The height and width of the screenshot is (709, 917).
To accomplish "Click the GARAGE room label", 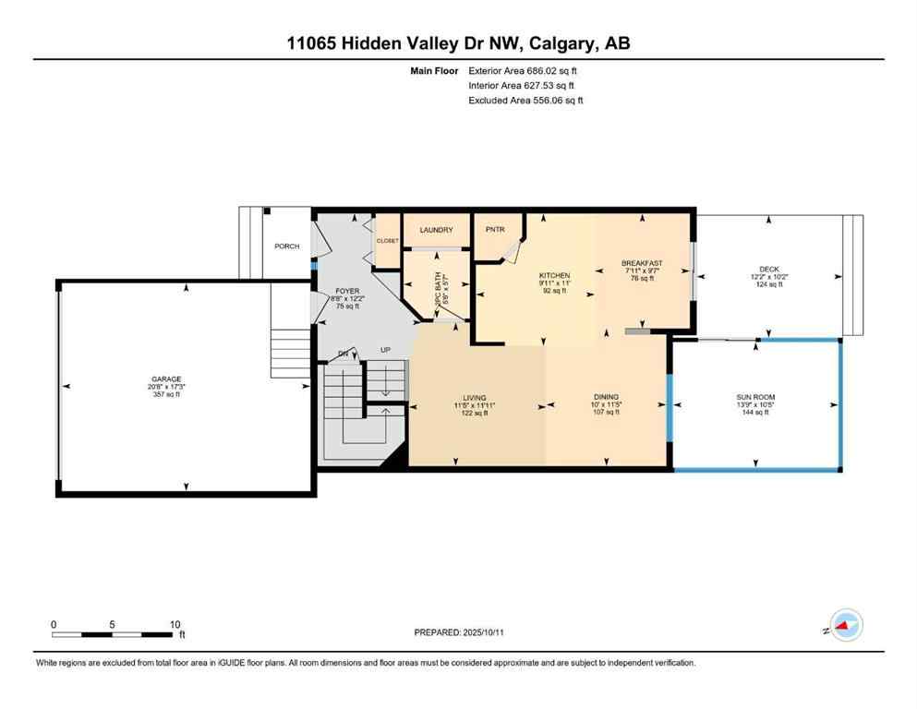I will click(x=166, y=379).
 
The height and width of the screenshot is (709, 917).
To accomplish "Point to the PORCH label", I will click(x=286, y=246).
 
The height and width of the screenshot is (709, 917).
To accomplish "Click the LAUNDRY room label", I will click(x=435, y=230).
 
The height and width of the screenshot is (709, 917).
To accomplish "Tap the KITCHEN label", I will click(x=554, y=275).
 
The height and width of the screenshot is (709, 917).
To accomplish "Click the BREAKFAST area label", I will click(x=642, y=264).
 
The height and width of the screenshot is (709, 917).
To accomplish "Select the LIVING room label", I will click(x=470, y=398).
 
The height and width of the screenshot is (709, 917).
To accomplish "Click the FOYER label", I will click(x=346, y=291).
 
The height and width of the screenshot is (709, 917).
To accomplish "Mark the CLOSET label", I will click(x=387, y=240).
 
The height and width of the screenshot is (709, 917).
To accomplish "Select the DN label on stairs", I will click(x=343, y=354).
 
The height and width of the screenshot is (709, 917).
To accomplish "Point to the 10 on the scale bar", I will click(x=175, y=624).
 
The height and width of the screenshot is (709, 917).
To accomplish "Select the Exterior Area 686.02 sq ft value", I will click(x=525, y=70).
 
